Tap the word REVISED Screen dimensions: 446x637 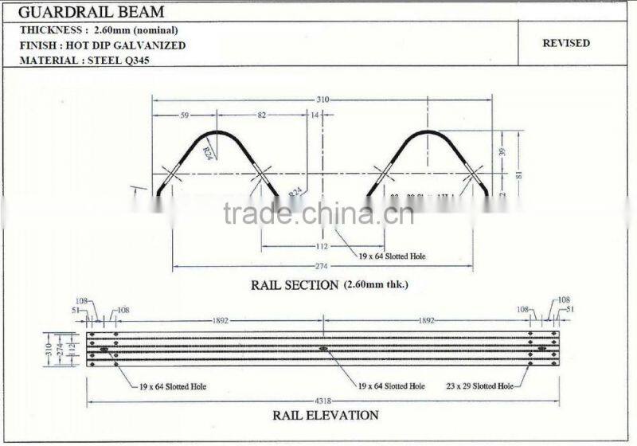click(566, 43)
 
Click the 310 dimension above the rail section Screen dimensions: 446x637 click(323, 100)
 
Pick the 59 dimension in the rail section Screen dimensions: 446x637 click(185, 115)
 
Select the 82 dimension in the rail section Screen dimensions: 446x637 click(262, 115)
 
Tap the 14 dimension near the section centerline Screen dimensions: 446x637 click(315, 115)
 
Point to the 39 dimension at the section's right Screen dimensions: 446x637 click(502, 151)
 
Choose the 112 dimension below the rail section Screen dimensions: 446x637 click(322, 246)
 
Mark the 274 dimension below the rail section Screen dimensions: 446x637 click(322, 265)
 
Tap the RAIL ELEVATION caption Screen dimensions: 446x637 click(326, 414)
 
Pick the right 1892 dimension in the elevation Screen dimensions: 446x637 click(426, 320)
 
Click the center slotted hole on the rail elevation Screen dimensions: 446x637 click(322, 348)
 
